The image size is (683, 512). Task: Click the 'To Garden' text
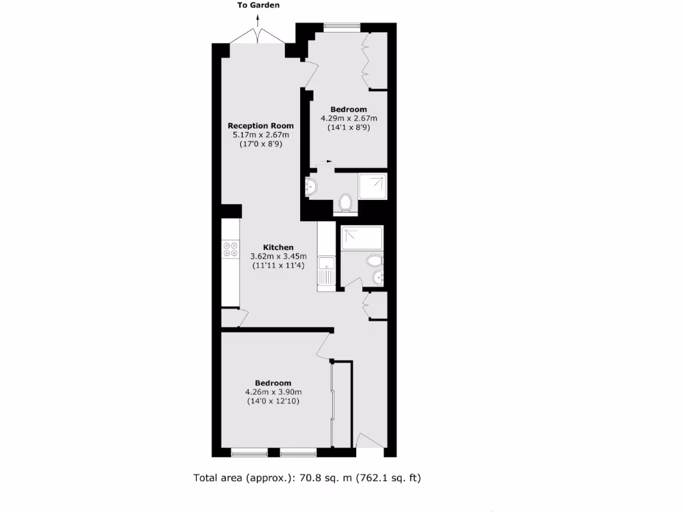coord(258,5)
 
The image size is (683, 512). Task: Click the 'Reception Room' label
coord(260,125)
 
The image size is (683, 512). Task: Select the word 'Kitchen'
coord(278,247)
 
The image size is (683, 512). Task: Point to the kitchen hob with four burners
coord(231,249)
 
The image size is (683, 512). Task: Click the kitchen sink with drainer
coord(326,272)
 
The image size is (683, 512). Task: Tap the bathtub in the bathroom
coord(361,238)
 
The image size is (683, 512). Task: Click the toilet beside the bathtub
coord(374,259)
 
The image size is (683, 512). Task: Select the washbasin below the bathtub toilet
coord(376,277)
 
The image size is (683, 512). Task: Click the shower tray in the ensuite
coord(372,187)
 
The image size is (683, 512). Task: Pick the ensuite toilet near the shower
coord(346,203)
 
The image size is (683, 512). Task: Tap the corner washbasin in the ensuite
coord(311,187)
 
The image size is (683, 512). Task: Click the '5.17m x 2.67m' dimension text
coord(260,135)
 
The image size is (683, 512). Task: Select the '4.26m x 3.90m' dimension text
coord(273,392)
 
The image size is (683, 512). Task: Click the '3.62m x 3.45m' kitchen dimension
coord(278,256)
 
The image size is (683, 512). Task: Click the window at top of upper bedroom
coord(342,27)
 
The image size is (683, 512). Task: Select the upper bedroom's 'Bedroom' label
coord(348,109)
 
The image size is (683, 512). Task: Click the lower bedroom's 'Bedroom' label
coord(273,383)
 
